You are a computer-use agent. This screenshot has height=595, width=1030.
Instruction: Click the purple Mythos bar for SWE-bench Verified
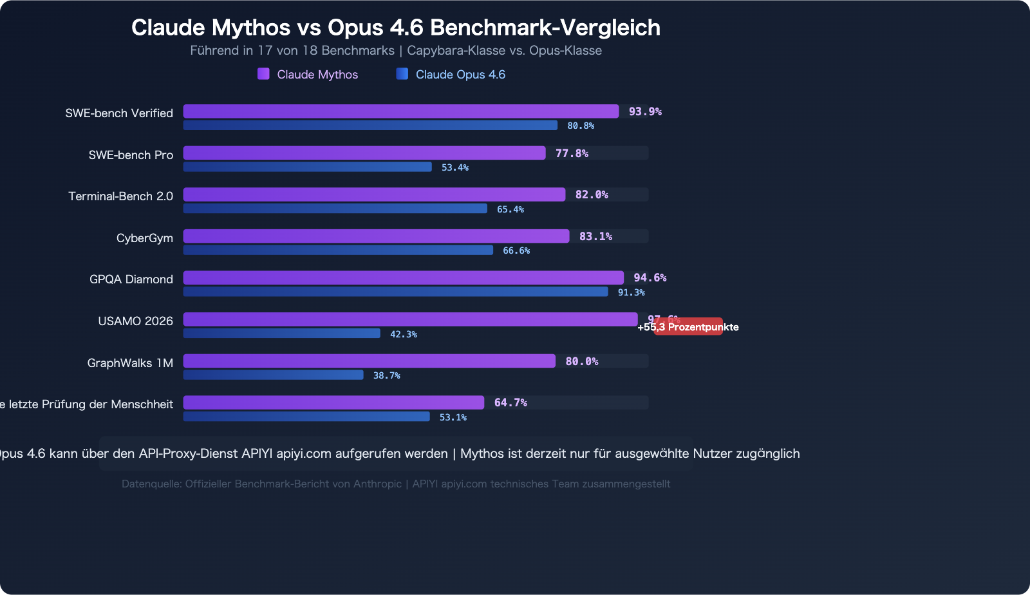400,111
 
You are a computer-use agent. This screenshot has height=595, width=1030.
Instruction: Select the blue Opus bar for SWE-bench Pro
307,167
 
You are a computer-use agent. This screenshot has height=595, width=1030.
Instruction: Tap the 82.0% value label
591,194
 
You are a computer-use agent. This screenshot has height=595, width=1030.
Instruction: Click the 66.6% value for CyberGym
516,250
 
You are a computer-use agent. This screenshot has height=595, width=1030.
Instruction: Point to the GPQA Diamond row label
131,279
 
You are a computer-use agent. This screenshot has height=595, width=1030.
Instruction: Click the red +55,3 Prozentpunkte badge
688,327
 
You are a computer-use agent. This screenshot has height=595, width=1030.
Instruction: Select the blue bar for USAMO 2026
281,334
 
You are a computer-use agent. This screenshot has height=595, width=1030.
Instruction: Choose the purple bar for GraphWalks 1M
369,361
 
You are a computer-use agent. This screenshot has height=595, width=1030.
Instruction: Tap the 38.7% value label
386,375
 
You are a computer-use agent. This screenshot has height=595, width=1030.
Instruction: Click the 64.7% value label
510,402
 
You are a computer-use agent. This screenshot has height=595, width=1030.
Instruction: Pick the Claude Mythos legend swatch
263,74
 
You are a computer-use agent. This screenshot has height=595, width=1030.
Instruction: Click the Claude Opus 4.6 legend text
460,75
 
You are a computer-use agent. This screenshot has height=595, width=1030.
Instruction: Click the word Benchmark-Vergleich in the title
545,28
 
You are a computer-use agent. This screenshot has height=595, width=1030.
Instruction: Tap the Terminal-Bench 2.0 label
120,196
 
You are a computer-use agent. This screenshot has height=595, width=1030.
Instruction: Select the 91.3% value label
631,292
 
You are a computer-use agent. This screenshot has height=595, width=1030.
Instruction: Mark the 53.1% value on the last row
453,417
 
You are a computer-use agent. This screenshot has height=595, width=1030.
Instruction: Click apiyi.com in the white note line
304,453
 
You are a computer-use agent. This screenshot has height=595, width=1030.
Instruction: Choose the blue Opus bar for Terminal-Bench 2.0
335,209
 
